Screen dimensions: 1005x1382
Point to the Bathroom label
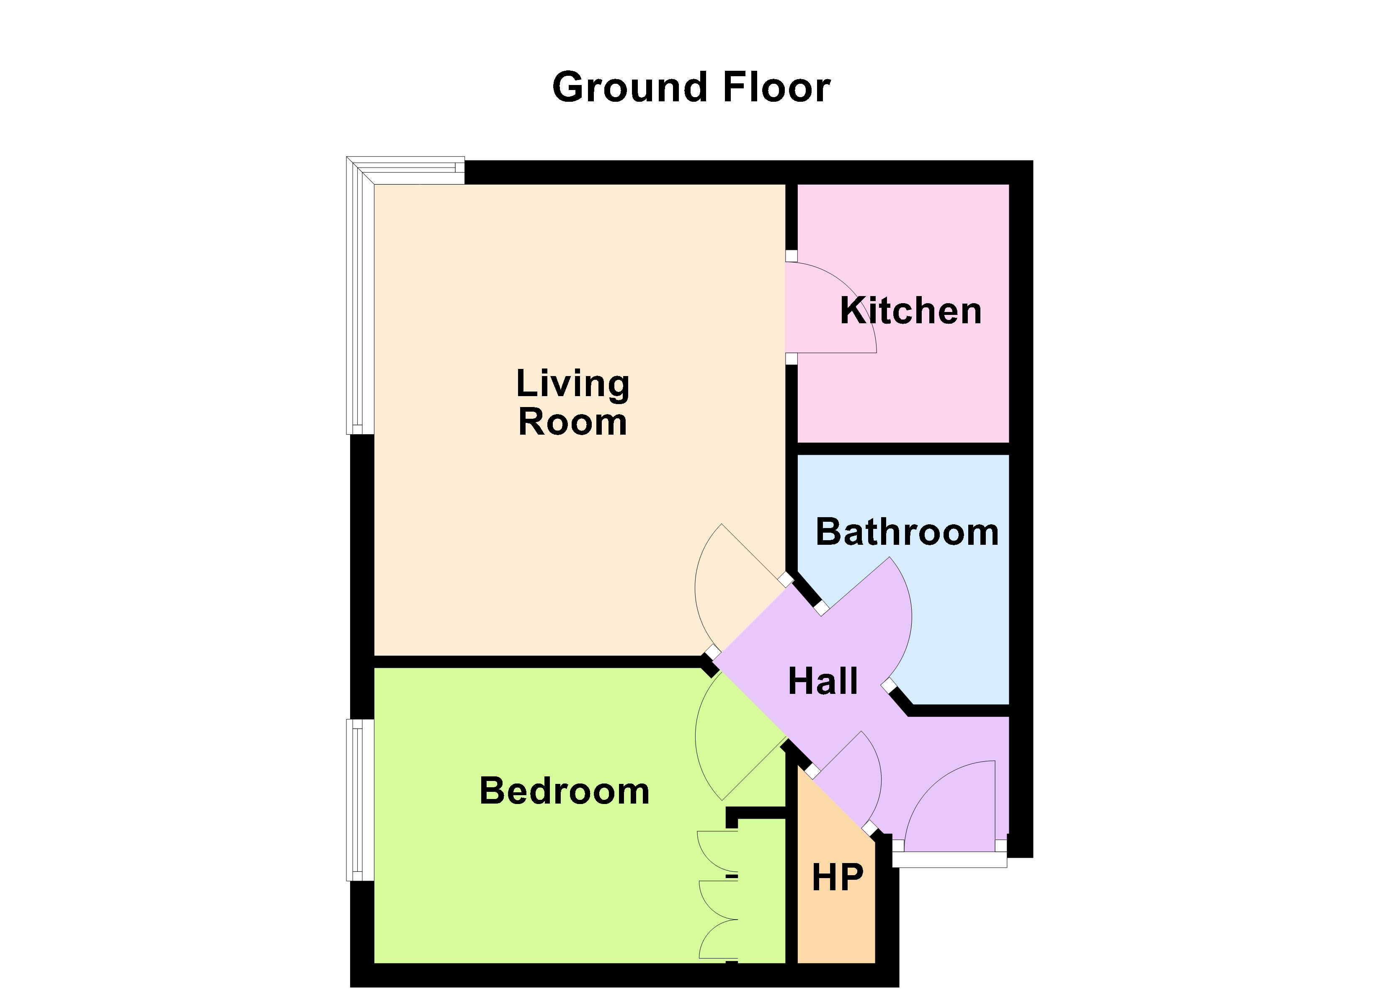(907, 532)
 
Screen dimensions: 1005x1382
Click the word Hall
(822, 681)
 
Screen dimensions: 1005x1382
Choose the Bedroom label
(564, 791)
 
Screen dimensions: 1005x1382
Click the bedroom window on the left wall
(359, 800)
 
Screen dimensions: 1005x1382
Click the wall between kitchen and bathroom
(903, 448)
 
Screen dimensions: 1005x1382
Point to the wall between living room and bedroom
(536, 661)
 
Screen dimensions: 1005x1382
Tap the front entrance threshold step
(949, 859)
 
